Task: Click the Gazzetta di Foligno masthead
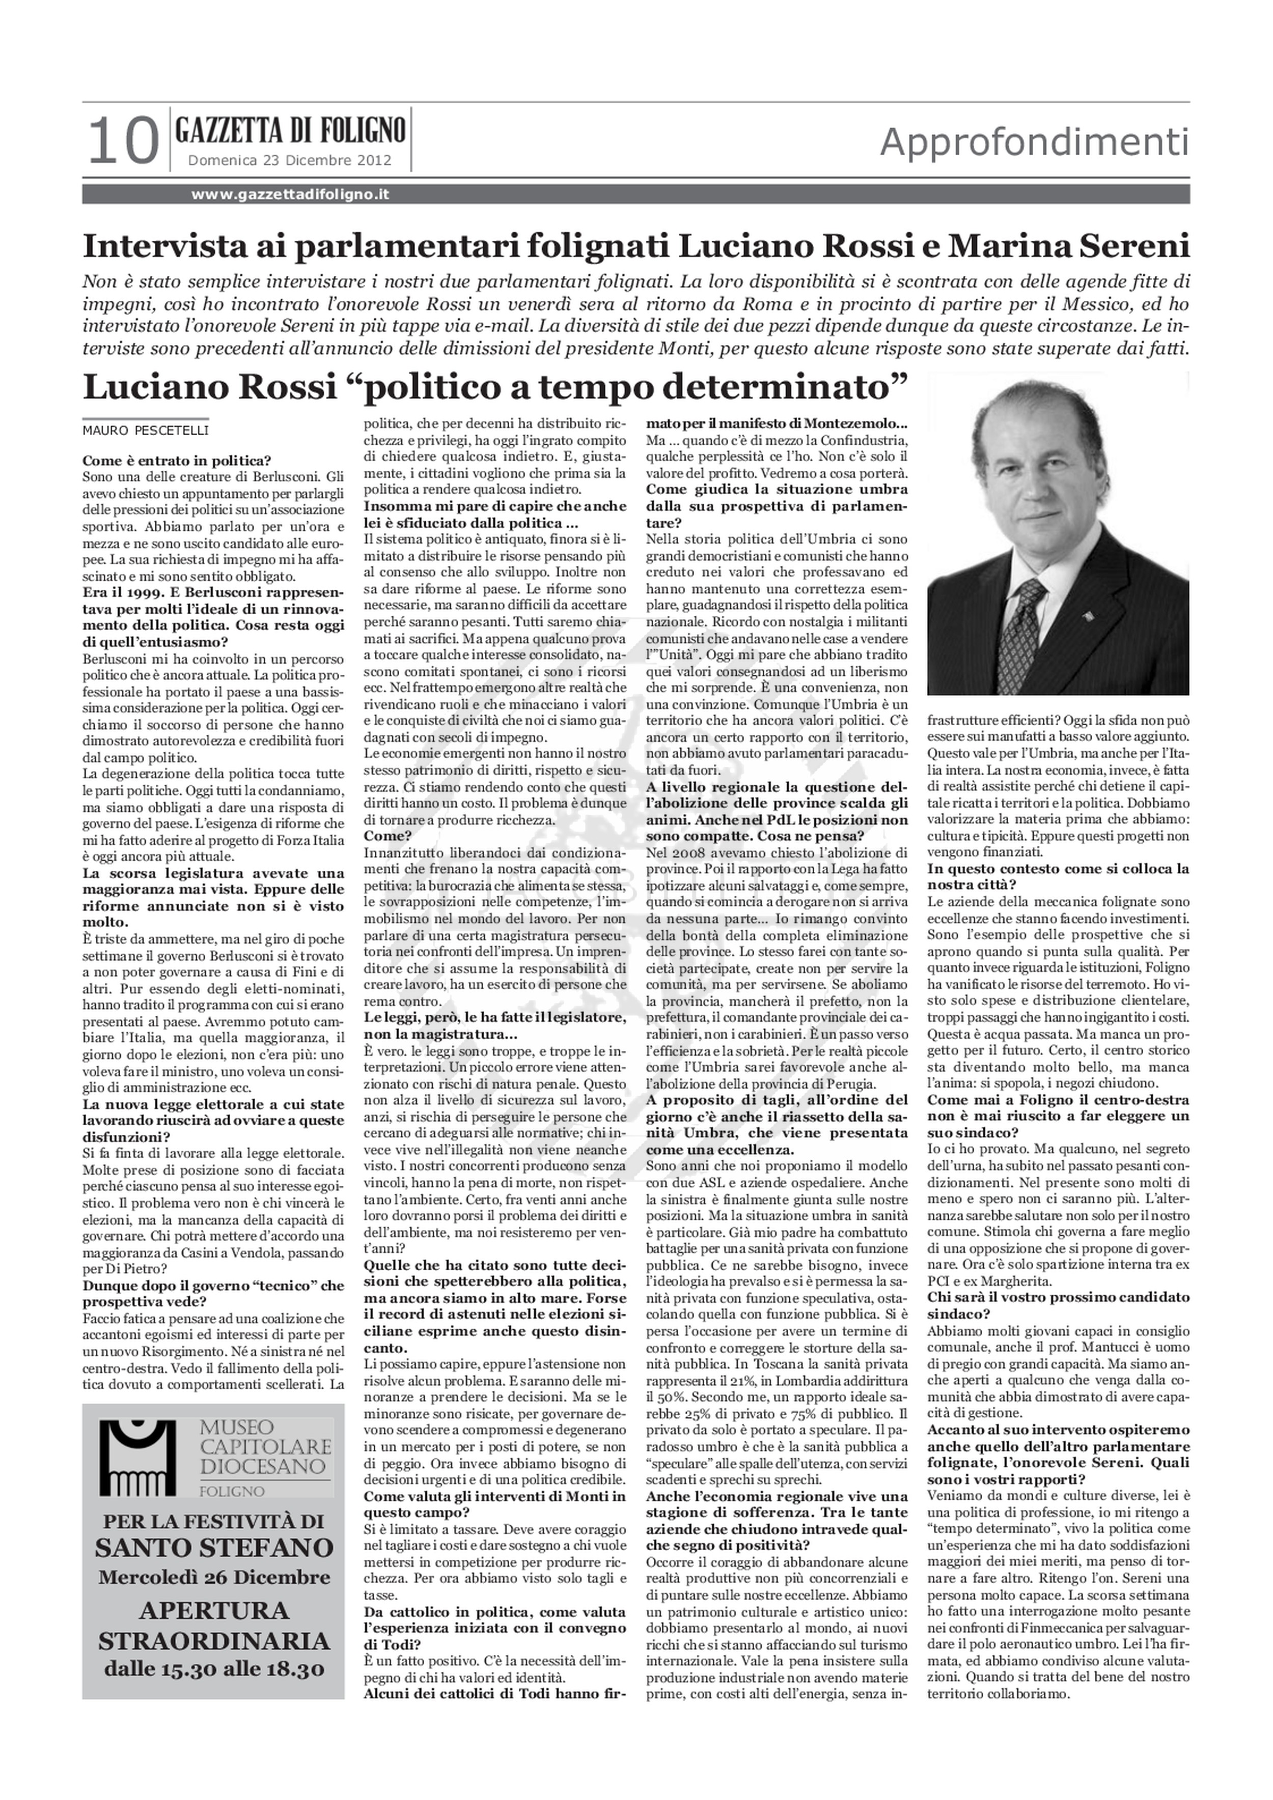290,129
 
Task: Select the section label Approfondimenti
1034,142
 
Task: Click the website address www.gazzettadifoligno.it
290,194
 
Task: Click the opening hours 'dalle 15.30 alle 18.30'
214,1669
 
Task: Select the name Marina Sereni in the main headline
1069,246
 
